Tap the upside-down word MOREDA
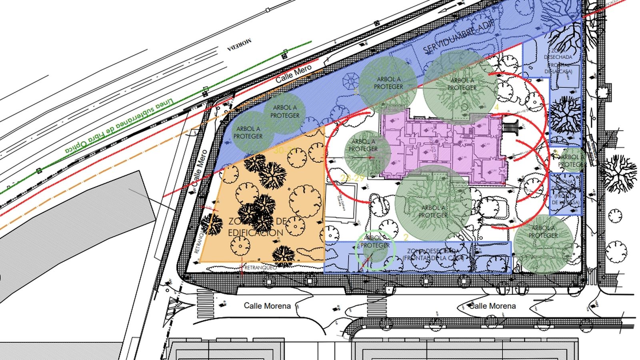click(240, 44)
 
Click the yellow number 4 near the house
click(496, 107)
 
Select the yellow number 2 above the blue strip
click(406, 238)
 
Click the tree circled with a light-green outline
click(376, 250)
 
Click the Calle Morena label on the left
click(268, 306)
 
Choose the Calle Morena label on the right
click(492, 306)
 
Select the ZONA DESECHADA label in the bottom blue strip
click(434, 255)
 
